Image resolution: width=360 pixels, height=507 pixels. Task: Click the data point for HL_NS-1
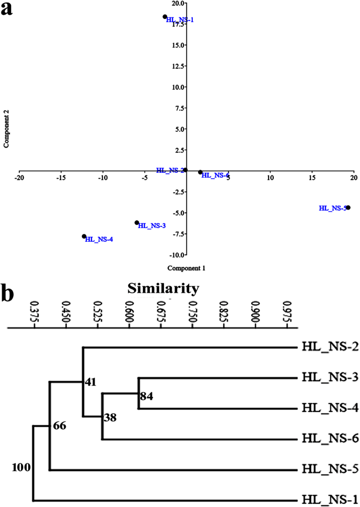pyautogui.click(x=165, y=16)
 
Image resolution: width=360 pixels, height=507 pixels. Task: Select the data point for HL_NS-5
pyautogui.click(x=348, y=208)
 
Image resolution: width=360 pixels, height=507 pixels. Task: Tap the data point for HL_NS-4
pyautogui.click(x=84, y=236)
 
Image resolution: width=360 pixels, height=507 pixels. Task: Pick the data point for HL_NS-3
pyautogui.click(x=137, y=223)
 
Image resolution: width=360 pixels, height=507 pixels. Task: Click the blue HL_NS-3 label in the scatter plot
pyautogui.click(x=152, y=226)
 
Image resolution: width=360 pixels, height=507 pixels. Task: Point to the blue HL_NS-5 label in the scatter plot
pyautogui.click(x=332, y=208)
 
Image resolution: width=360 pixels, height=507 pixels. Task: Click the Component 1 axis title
pyautogui.click(x=186, y=268)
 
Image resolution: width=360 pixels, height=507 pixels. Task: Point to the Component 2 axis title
pyautogui.click(x=7, y=129)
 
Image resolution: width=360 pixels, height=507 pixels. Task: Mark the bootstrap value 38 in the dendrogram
pyautogui.click(x=110, y=418)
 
